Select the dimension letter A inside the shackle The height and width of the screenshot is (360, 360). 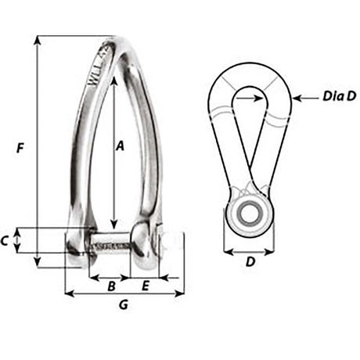point(120,145)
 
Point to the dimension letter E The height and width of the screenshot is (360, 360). point(146,286)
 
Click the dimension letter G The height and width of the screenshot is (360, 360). point(123,305)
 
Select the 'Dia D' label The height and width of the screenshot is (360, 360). point(339,98)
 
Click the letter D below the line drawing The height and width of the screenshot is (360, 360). point(250,263)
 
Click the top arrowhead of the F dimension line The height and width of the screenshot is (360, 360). point(37,40)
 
